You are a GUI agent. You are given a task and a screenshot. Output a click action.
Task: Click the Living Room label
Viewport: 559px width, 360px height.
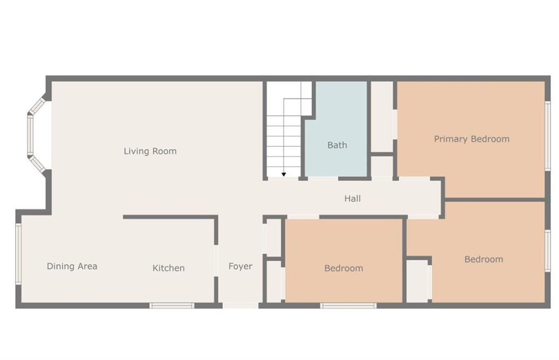(150, 151)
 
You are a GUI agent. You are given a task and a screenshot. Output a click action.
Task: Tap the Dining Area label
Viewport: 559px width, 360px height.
(72, 266)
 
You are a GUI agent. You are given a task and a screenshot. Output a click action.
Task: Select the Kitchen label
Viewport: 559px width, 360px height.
(169, 268)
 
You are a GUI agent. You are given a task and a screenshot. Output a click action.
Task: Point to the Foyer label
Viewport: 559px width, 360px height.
(240, 266)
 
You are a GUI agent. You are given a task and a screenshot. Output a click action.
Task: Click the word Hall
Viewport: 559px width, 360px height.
(352, 199)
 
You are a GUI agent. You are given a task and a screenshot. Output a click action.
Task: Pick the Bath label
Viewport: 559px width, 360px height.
(337, 145)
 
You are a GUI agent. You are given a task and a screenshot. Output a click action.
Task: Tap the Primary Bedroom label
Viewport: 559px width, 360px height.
(472, 139)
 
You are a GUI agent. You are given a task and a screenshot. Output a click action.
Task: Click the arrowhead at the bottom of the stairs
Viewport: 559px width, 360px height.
(284, 175)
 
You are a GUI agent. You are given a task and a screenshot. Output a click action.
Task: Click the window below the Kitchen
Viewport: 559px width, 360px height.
(171, 305)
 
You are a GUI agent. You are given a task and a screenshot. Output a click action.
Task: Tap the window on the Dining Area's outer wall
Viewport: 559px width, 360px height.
(19, 254)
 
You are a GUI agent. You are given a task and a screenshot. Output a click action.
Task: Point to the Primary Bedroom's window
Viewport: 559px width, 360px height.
(548, 135)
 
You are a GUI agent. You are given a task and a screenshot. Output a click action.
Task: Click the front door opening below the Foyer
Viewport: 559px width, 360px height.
(241, 305)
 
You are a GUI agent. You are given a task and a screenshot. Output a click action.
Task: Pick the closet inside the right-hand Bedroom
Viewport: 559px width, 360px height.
(418, 281)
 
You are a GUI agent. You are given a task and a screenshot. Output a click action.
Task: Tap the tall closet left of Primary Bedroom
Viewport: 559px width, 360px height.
(382, 117)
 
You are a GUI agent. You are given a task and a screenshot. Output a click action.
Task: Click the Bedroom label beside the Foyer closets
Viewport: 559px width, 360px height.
(344, 268)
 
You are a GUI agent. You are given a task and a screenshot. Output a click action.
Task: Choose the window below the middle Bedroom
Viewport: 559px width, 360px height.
(348, 305)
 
